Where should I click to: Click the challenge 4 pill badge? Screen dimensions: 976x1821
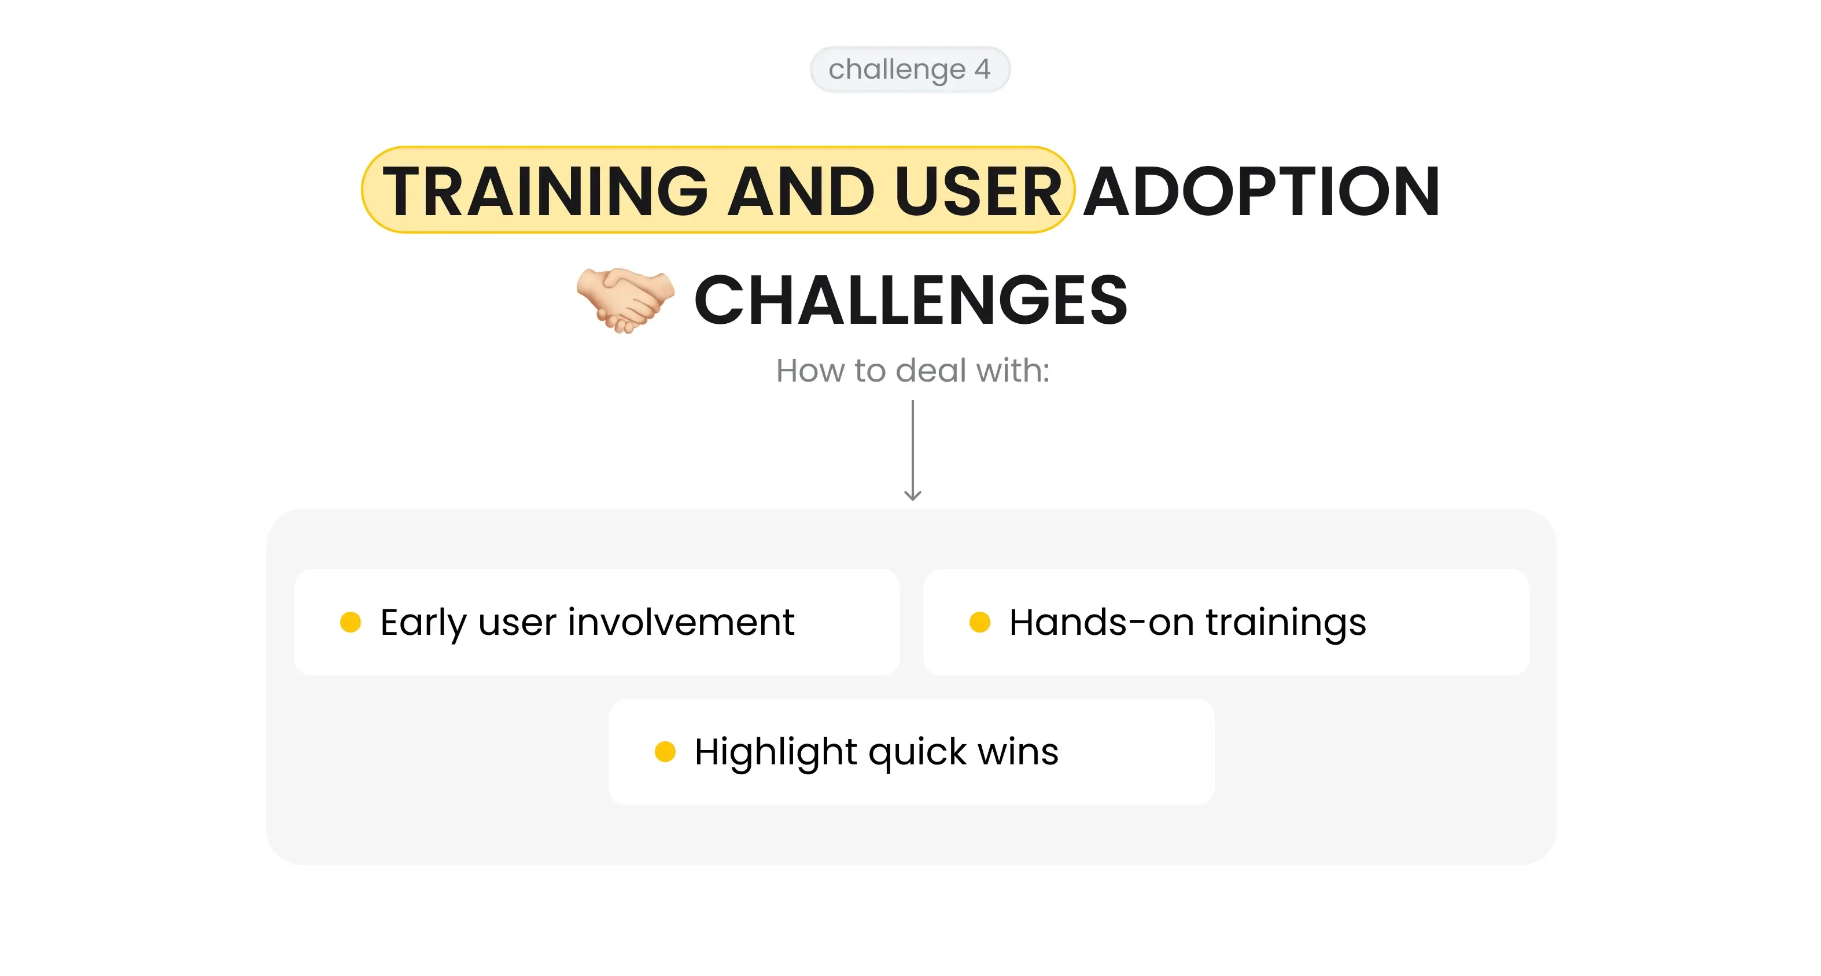pos(910,69)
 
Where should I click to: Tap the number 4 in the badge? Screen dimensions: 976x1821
pos(982,69)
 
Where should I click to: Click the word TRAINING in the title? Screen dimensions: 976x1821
pos(545,191)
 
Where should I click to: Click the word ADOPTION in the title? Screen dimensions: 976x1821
pos(1262,191)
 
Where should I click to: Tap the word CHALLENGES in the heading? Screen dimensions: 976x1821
pos(910,300)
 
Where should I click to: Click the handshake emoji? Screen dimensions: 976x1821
pos(625,300)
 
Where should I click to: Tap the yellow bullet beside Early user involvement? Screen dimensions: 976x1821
pos(351,622)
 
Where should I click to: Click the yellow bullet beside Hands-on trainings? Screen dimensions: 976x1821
pos(979,622)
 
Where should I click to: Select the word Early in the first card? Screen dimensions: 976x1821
pos(423,623)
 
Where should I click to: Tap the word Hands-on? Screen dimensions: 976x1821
pos(1101,622)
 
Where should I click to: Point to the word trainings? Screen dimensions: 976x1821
pos(1286,623)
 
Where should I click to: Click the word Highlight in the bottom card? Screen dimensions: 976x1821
pos(776,752)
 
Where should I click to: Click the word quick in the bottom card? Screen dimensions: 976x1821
pos(917,753)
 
